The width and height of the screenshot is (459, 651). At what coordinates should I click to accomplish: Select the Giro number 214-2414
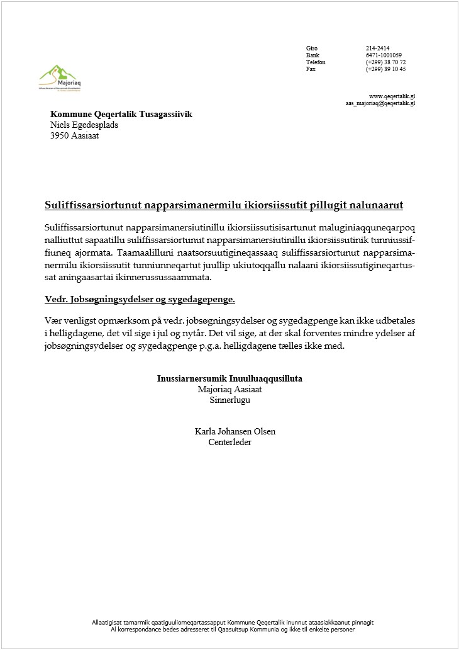tap(377, 48)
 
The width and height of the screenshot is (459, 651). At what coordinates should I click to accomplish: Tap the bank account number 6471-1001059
tap(384, 55)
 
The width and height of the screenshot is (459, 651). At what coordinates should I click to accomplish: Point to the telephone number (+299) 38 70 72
tap(385, 62)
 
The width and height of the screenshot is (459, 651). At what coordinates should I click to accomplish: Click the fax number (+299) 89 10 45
tap(385, 69)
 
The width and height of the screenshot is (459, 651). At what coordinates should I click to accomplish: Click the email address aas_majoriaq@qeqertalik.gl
tap(380, 103)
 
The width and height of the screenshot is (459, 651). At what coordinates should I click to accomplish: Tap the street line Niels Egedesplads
tap(84, 125)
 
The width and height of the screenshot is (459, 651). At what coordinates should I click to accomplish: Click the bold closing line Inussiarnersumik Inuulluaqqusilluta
tap(233, 379)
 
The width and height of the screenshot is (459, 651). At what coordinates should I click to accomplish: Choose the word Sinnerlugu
tap(229, 400)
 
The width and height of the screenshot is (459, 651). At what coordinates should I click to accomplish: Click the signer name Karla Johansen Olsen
tap(235, 431)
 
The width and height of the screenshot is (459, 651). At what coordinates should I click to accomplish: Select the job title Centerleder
tap(229, 442)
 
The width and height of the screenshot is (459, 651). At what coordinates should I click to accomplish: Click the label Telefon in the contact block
tap(316, 62)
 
